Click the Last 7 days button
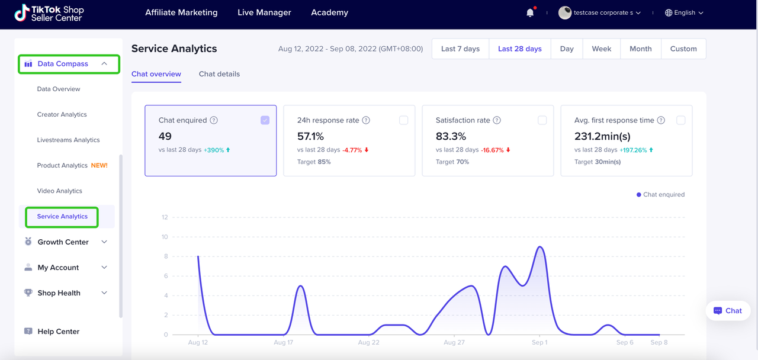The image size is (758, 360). pyautogui.click(x=460, y=49)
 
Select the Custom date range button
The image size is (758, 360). pyautogui.click(x=683, y=49)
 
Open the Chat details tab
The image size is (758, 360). pyautogui.click(x=219, y=74)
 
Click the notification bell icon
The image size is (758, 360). pyautogui.click(x=530, y=12)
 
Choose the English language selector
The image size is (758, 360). pyautogui.click(x=684, y=12)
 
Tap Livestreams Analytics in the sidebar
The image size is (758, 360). pyautogui.click(x=68, y=140)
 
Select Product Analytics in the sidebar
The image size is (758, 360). pyautogui.click(x=62, y=166)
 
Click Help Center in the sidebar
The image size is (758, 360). pyautogui.click(x=58, y=332)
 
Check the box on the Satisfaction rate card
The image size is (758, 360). pyautogui.click(x=542, y=120)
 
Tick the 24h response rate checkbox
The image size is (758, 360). pyautogui.click(x=403, y=120)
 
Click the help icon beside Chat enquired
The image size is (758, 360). pyautogui.click(x=214, y=120)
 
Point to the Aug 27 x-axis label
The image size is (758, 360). pyautogui.click(x=454, y=342)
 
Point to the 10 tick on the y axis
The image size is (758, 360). pyautogui.click(x=165, y=237)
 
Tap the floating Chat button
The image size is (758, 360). pyautogui.click(x=728, y=310)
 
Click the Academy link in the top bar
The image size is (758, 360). pyautogui.click(x=329, y=12)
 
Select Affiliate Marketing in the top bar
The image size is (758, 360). pyautogui.click(x=181, y=12)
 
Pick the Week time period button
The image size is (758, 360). pyautogui.click(x=601, y=49)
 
